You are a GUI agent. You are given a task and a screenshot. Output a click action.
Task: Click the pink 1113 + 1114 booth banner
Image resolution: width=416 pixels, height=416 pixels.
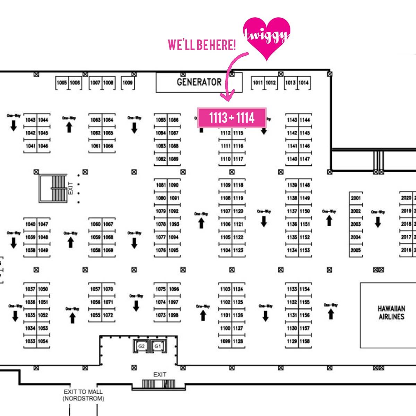click(232, 118)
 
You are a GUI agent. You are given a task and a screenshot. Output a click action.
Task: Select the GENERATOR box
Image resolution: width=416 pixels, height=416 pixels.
click(199, 82)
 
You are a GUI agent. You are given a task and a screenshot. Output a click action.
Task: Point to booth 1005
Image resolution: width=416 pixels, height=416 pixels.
click(62, 83)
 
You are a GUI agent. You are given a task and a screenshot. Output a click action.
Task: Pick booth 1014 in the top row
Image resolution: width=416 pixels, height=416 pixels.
click(303, 83)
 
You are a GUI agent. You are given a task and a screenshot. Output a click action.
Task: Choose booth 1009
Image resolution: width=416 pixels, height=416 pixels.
click(128, 83)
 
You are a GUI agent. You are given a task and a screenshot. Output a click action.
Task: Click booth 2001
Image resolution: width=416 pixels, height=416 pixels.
click(356, 198)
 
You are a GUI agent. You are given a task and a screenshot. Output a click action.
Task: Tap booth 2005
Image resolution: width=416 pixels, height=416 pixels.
click(356, 250)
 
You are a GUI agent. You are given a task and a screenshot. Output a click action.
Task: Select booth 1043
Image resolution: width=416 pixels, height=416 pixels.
click(31, 120)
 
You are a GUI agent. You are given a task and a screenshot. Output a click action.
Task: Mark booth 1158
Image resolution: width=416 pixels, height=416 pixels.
click(305, 341)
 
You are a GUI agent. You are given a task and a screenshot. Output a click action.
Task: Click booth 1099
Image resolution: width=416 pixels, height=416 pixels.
click(225, 341)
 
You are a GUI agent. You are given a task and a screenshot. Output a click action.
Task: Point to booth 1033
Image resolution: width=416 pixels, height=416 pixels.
click(31, 341)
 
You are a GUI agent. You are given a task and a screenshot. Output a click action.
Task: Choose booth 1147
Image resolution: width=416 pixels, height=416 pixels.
click(305, 159)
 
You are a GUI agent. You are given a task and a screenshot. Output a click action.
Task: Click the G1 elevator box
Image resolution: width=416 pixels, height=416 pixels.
click(158, 346)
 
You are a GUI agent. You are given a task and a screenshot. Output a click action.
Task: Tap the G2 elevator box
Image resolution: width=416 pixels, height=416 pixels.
click(141, 346)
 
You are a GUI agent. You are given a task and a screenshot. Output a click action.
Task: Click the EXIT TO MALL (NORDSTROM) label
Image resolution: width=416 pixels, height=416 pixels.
click(83, 395)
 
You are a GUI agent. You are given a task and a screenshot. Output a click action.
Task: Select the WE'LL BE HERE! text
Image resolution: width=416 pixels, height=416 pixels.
click(202, 45)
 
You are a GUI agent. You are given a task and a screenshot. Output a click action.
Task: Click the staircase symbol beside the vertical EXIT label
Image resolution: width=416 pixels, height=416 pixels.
click(52, 189)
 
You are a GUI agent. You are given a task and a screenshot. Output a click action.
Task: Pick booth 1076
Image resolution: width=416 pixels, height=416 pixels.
click(161, 250)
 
